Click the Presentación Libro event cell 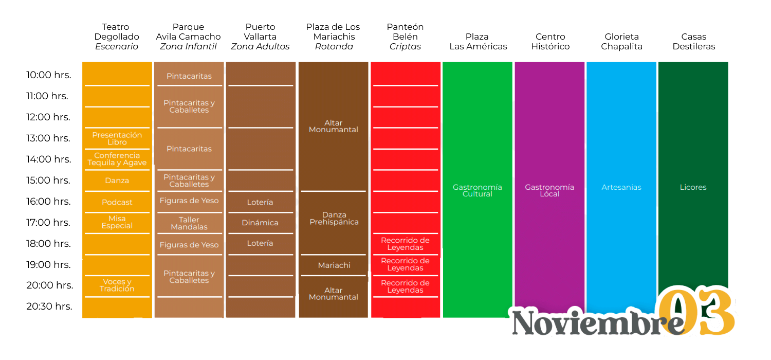point(117,138)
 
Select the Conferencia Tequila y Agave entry point(117,159)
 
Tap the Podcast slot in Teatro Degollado point(117,202)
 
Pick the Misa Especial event point(117,222)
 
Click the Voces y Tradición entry point(117,285)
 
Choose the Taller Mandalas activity point(189,223)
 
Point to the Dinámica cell point(260,223)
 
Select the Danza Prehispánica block point(334,219)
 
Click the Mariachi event point(334,265)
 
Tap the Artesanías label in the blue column point(621,187)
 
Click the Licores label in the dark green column point(693,187)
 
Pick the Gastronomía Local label point(549,190)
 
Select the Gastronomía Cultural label point(478,190)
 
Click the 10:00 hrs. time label point(49,75)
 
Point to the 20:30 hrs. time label point(49,307)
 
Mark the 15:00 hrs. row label point(49,181)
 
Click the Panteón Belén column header point(405,37)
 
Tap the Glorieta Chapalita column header point(621,41)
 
